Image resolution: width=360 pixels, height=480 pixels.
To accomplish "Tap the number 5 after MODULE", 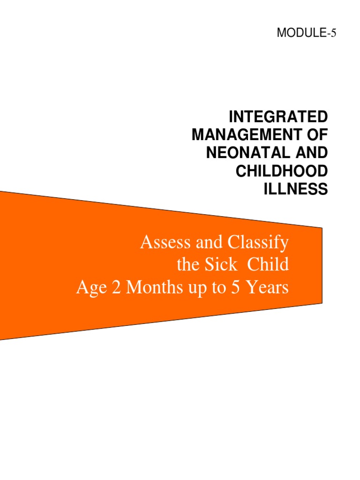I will [334, 33].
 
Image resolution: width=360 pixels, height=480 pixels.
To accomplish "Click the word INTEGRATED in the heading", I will [277, 116].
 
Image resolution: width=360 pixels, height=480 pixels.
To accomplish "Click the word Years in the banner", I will [266, 287].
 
